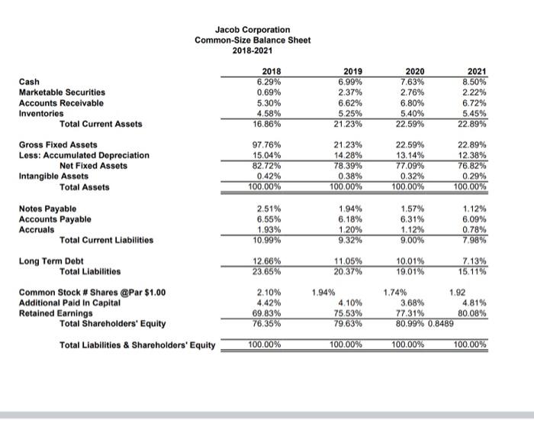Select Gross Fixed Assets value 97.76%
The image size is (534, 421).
click(x=263, y=144)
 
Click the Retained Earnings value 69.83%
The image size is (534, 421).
click(x=263, y=314)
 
